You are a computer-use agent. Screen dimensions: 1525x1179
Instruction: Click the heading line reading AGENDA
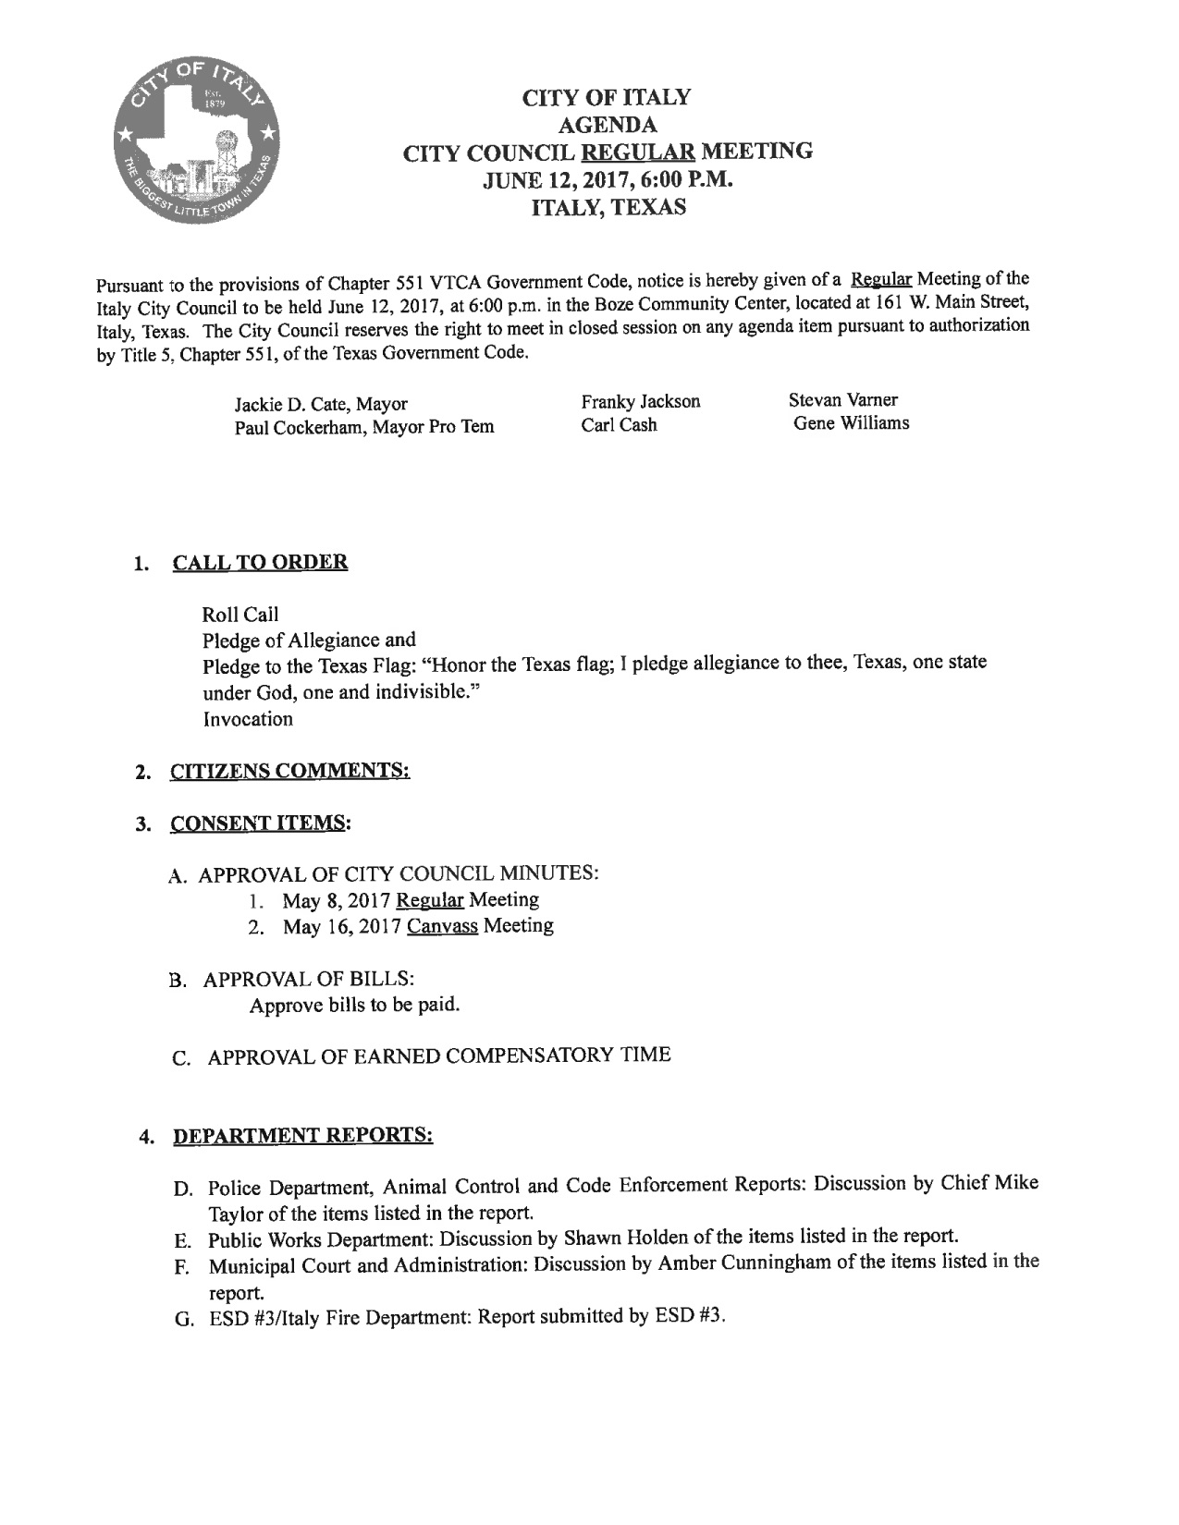[606, 123]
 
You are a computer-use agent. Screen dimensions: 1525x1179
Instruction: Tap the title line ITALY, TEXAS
[607, 207]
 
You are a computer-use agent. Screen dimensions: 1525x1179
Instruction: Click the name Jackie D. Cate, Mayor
[321, 404]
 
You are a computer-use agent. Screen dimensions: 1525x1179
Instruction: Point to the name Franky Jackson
[640, 401]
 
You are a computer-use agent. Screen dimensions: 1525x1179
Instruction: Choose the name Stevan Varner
[842, 399]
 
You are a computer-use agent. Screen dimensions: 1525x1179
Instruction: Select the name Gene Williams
[851, 422]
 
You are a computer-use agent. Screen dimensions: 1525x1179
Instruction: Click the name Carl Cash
[619, 425]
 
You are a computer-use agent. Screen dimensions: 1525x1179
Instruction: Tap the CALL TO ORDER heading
[260, 562]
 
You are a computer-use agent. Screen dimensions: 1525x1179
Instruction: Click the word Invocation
[248, 718]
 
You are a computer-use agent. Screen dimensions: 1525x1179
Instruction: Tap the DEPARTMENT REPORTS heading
[303, 1134]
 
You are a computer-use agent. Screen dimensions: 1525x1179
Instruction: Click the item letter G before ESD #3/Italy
[181, 1318]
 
